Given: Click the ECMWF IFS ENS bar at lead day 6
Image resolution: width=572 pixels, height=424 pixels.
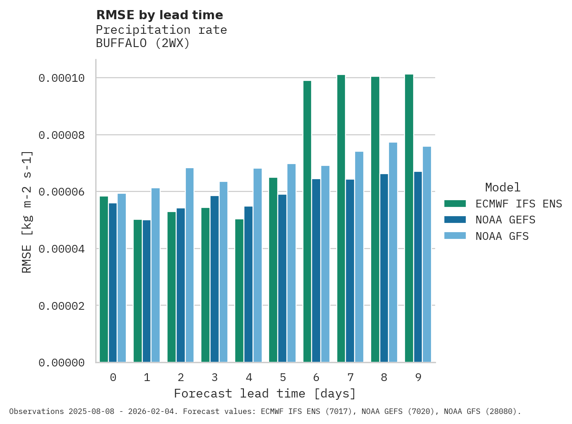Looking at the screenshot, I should pos(307,222).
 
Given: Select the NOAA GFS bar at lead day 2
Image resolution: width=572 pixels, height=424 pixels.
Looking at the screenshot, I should pos(189,265).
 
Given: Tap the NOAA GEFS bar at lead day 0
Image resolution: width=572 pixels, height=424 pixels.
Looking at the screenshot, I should pos(113,282).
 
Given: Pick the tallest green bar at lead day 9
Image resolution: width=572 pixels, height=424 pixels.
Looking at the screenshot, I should pos(409,218).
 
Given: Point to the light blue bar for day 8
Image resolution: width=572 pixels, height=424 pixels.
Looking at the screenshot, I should pos(393,252).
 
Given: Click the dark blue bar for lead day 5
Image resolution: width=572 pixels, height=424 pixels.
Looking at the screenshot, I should pos(282,278).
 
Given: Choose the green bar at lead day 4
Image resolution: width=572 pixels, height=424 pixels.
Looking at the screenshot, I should pos(239,291).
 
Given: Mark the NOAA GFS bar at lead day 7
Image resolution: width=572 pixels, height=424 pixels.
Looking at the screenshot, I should pos(359,257).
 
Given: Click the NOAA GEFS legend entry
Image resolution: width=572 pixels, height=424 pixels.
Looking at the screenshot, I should pos(505,220).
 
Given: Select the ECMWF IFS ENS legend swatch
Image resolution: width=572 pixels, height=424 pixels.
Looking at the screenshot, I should pos(455,203).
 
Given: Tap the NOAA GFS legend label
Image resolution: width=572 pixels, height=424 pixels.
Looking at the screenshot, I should pos(502,236).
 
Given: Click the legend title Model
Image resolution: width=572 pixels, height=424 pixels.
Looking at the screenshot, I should pos(502,187).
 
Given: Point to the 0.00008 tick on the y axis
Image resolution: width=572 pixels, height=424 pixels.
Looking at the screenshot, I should pos(62,135).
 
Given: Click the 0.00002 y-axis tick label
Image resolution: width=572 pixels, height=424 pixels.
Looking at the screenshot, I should pos(62,306).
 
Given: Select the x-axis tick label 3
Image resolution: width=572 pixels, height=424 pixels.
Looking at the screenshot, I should pos(215,377).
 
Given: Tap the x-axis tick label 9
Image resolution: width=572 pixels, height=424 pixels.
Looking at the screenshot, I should pos(418,377).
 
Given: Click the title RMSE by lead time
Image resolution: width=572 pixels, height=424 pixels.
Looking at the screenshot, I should pos(159,15).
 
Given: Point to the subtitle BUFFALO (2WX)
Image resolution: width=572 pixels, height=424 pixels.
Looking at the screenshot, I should pos(142,43).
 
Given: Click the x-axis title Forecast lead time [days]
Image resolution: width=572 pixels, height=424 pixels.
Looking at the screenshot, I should pos(264,393).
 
